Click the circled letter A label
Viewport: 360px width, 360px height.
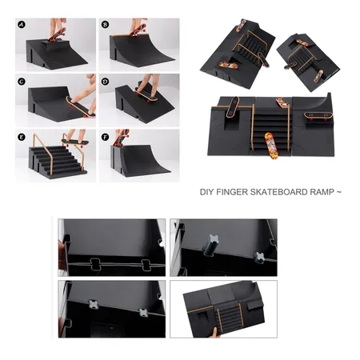(x=22, y=25)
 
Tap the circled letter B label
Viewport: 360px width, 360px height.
(x=105, y=25)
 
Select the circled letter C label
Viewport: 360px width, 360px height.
(x=22, y=82)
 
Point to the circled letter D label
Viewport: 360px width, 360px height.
(x=105, y=82)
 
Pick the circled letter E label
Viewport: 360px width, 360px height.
(x=22, y=138)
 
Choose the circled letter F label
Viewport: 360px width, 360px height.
(x=105, y=138)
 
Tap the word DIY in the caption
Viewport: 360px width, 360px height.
(x=207, y=192)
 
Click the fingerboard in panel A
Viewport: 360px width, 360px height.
(x=57, y=35)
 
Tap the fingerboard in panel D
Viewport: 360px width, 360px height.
(x=146, y=94)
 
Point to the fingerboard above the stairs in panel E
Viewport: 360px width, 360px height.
(x=75, y=142)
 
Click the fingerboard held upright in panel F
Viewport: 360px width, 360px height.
(x=122, y=138)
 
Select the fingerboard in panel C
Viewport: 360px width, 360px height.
(x=81, y=107)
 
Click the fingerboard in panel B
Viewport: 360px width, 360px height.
(x=138, y=30)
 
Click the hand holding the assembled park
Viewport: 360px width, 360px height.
(x=214, y=333)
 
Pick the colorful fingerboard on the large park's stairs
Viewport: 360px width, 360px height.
(x=271, y=146)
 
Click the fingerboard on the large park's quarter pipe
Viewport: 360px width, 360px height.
(x=318, y=116)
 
